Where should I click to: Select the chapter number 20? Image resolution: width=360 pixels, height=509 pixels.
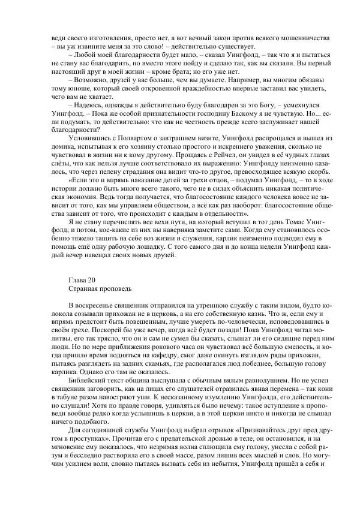[94, 279]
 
